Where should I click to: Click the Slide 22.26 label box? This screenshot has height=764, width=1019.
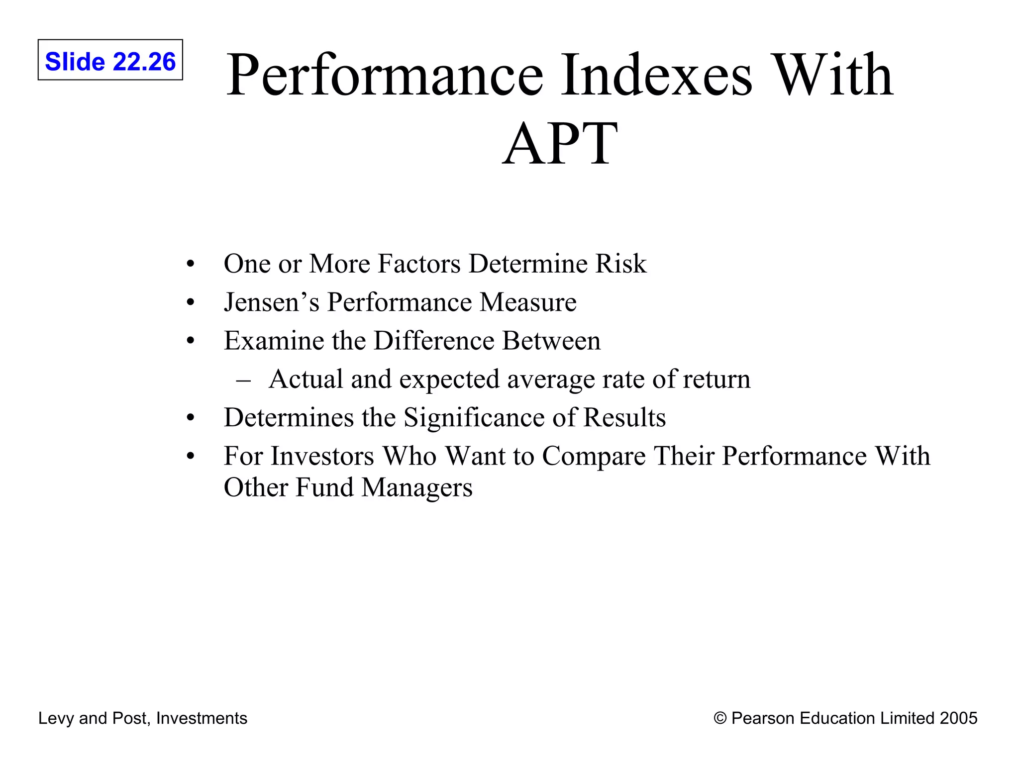point(110,60)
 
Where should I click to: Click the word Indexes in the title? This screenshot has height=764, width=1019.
point(657,76)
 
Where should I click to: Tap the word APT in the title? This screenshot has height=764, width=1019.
point(560,144)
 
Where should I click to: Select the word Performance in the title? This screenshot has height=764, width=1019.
point(385,76)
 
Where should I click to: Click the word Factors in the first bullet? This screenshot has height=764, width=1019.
point(419,264)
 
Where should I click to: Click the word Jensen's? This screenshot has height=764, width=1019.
point(271,302)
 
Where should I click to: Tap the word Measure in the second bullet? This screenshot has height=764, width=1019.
point(528,302)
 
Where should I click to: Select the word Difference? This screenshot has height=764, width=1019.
point(434,341)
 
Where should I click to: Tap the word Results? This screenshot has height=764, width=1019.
point(624,417)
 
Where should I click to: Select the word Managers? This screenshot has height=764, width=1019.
point(417,487)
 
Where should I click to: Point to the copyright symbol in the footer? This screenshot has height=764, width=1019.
point(720,718)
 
